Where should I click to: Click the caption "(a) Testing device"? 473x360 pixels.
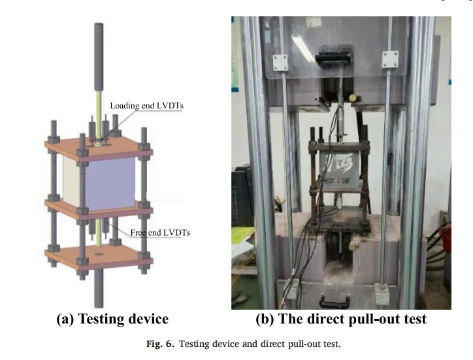112,319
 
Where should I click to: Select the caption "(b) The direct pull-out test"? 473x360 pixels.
341,319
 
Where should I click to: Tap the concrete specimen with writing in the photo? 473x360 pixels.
340,176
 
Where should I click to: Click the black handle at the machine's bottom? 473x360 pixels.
340,300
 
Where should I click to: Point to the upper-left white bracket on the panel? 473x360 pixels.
280,63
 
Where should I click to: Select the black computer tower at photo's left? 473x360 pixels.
242,196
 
